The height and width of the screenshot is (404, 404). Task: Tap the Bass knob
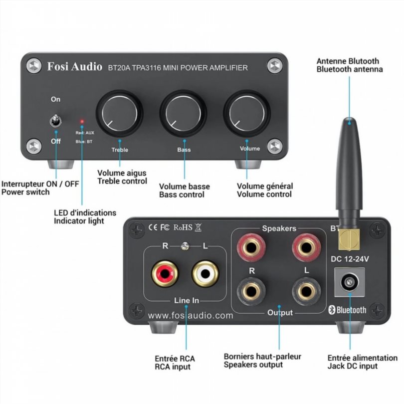(182, 112)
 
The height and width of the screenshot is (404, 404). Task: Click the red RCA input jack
(165, 274)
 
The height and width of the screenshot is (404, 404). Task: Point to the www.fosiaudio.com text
(191, 315)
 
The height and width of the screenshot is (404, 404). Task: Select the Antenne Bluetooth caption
(348, 61)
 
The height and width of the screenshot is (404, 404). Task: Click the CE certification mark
(153, 228)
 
